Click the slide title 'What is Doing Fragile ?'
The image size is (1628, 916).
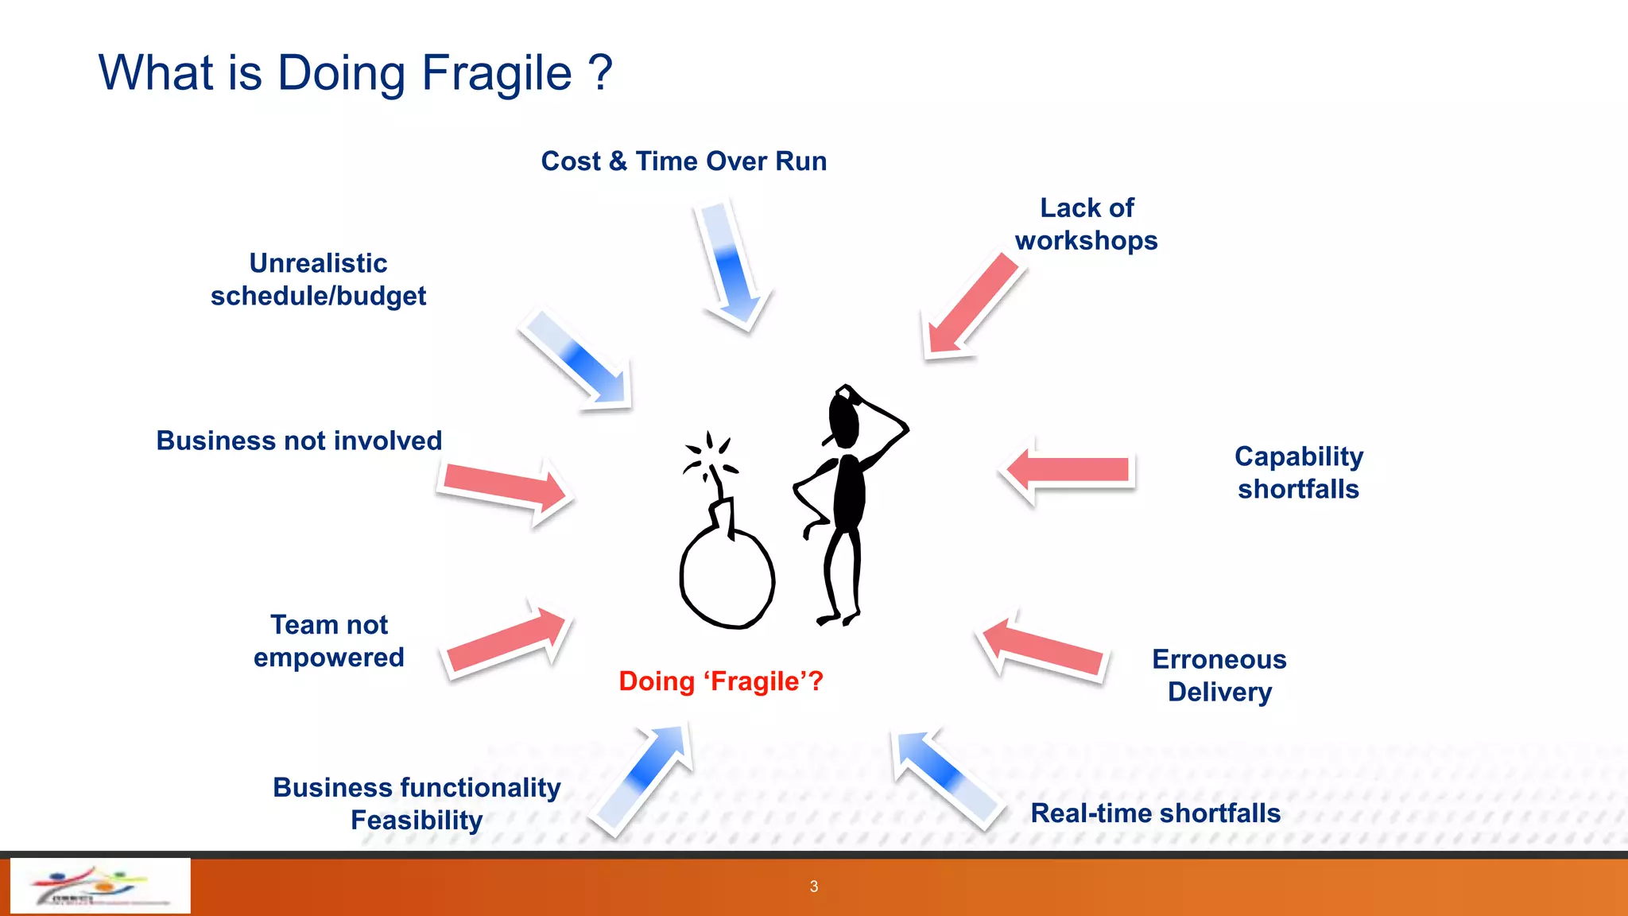click(355, 73)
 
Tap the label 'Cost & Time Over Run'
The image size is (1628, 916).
click(684, 161)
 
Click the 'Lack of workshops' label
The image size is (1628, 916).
click(1086, 224)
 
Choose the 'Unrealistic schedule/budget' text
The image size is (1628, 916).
click(318, 279)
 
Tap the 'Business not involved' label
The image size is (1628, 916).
click(299, 441)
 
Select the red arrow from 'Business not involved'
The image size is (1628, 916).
click(506, 487)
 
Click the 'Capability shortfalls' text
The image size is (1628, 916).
click(1298, 472)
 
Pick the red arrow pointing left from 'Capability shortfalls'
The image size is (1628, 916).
click(1069, 470)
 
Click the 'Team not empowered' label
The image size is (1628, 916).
click(328, 641)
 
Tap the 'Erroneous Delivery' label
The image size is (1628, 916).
click(1219, 675)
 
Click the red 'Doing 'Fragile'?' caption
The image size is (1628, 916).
click(721, 681)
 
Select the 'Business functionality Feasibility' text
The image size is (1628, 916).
click(417, 803)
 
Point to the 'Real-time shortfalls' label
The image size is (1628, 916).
click(1155, 813)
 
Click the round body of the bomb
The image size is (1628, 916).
click(727, 577)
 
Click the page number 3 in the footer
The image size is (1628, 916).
click(813, 887)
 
